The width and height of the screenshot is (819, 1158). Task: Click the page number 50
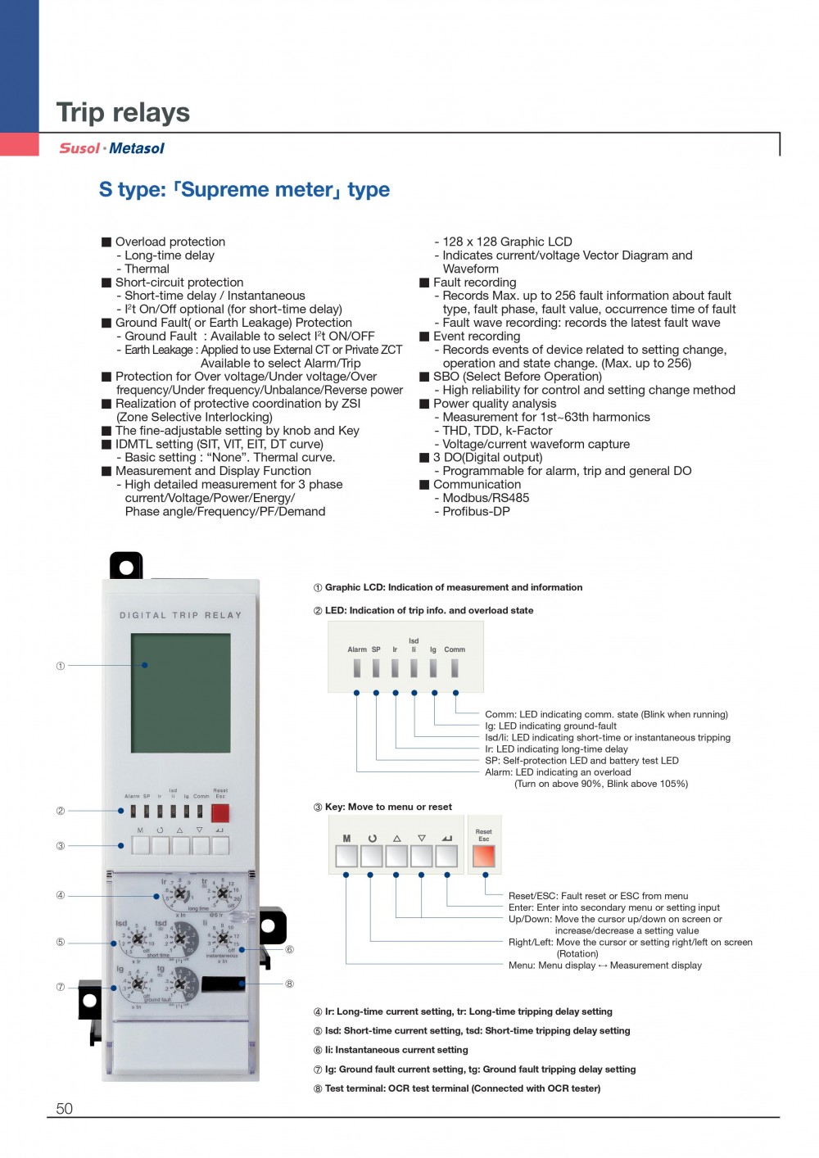pos(64,1108)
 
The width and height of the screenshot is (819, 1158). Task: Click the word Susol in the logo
pos(79,148)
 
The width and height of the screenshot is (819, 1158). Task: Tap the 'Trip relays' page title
pos(123,112)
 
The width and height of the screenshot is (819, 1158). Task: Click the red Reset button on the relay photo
pos(220,812)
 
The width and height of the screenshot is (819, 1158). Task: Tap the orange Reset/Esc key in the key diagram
pos(484,856)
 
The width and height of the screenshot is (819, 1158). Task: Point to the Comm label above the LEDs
pos(455,649)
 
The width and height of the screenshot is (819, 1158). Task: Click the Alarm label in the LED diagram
pos(357,649)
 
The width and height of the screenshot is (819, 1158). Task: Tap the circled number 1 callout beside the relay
pos(61,666)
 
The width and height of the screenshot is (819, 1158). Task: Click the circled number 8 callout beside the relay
pos(289,984)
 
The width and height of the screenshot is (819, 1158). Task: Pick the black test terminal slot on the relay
pos(223,984)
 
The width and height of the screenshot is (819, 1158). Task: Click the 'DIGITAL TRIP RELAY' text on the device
pos(181,615)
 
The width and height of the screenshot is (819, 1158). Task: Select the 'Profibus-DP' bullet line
pos(476,511)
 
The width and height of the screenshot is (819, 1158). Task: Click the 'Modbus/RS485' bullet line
pos(486,498)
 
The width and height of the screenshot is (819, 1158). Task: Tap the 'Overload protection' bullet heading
pos(170,242)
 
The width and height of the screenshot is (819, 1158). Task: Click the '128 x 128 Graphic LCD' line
pos(507,242)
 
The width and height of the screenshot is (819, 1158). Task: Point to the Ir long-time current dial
pos(179,894)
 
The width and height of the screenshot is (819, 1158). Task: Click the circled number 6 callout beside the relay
pos(289,950)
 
